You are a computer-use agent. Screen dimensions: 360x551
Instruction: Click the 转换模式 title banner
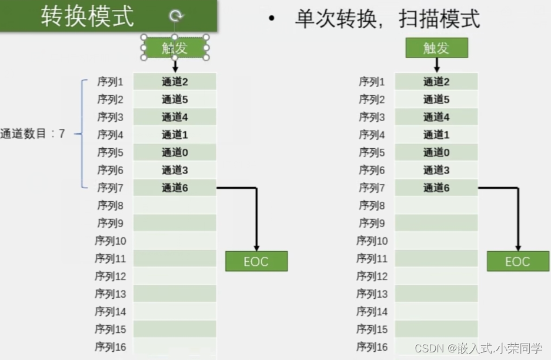88,16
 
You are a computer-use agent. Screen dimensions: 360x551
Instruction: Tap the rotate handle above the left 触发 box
175,16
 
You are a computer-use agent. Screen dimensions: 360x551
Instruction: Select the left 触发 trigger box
175,48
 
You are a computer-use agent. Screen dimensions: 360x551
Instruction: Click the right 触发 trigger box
436,48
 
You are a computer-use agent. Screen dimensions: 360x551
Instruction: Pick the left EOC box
256,261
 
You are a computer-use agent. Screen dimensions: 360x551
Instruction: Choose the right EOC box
517,261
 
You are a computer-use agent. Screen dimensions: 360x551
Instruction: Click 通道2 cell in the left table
175,82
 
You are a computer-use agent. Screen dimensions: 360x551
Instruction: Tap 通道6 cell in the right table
436,188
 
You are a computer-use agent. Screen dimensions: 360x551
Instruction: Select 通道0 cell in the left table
175,152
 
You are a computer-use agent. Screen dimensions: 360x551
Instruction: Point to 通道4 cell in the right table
436,117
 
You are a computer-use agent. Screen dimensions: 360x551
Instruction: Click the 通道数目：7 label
33,134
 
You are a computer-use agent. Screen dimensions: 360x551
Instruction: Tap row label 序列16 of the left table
111,347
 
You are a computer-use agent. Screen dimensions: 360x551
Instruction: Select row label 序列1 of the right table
372,82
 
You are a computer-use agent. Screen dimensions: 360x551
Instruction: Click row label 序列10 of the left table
111,241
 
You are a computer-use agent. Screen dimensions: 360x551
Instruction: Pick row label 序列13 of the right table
372,294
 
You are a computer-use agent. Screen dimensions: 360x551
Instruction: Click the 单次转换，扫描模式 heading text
387,19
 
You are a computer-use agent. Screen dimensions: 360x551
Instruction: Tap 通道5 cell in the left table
175,99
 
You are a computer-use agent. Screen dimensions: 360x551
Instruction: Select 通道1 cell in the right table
436,135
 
